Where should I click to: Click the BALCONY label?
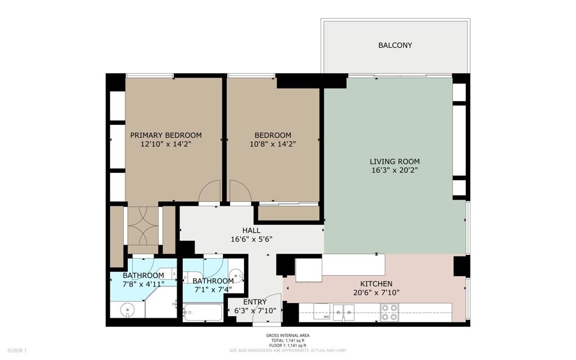pos(395,45)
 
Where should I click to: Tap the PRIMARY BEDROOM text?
pos(166,135)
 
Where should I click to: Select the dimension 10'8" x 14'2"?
pos(273,144)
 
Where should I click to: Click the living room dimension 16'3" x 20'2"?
pos(394,170)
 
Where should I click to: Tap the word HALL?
pos(251,231)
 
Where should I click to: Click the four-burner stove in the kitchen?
pos(390,312)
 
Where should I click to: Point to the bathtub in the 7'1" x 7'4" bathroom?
pos(203,313)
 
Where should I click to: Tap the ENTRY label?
pos(255,303)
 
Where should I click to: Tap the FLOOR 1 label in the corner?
pos(17,351)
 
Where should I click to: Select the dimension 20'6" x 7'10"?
pos(376,292)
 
